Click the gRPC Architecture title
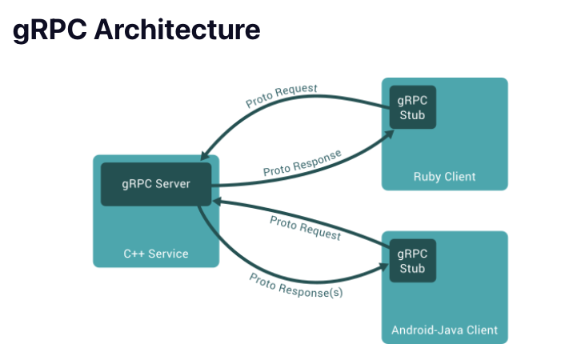pos(137,30)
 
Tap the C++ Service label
pos(156,254)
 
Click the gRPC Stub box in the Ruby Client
pos(413,106)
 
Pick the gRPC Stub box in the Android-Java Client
pos(413,261)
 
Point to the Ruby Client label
pos(444,176)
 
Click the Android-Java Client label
pos(444,330)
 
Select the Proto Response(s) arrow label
pos(295,285)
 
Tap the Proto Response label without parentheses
pos(303,162)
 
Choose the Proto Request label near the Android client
pos(305,227)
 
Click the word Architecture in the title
pos(177,30)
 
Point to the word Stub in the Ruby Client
pos(413,114)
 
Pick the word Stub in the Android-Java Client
pos(413,268)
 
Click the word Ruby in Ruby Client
pos(427,176)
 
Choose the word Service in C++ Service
pos(168,254)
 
